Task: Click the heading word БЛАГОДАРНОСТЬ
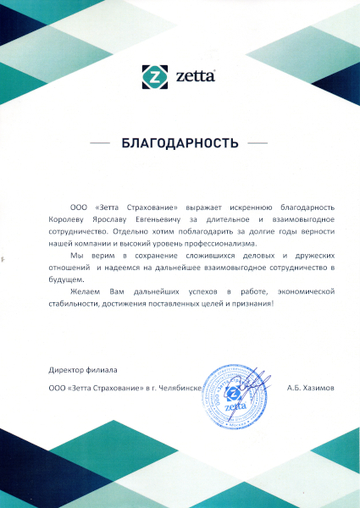pyautogui.click(x=180, y=143)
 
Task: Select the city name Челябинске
pyautogui.click(x=177, y=387)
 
